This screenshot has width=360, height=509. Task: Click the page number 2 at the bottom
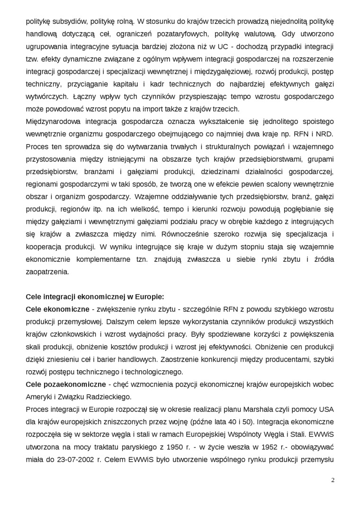[333, 480]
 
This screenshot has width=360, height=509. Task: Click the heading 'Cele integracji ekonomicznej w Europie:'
[95, 297]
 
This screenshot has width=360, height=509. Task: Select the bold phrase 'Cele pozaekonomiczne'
[59, 384]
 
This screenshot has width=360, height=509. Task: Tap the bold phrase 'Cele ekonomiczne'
[57, 309]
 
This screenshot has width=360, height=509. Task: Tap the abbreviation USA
[326, 408]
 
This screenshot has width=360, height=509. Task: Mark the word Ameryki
[41, 396]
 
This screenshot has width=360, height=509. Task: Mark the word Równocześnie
[187, 235]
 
